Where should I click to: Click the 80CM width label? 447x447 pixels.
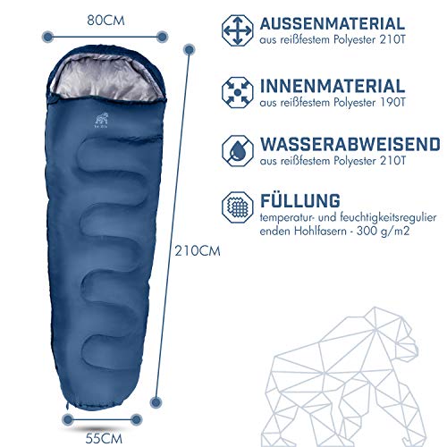[x=105, y=21]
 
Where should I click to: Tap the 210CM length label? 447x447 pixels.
[x=198, y=251]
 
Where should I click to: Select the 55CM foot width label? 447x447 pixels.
[x=104, y=439]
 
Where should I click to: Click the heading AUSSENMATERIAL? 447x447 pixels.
[x=333, y=24]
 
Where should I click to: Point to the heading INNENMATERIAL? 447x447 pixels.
[x=333, y=86]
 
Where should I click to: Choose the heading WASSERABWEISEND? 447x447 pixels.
[x=350, y=144]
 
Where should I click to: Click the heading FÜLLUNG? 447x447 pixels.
[x=300, y=200]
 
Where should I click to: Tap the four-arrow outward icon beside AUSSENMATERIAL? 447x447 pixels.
[x=238, y=30]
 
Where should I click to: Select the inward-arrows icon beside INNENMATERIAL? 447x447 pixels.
[x=238, y=93]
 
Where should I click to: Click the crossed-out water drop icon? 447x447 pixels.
[x=238, y=151]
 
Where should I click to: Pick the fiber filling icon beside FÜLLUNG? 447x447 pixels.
[x=238, y=207]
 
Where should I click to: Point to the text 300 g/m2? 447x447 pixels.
[x=383, y=231]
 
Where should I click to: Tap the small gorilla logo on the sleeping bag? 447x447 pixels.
[x=101, y=120]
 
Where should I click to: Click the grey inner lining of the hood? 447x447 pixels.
[x=105, y=78]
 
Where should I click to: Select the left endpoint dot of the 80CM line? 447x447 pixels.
[x=48, y=37]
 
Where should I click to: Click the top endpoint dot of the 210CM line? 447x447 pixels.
[x=190, y=49]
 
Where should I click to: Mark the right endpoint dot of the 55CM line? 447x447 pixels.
[x=136, y=419]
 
